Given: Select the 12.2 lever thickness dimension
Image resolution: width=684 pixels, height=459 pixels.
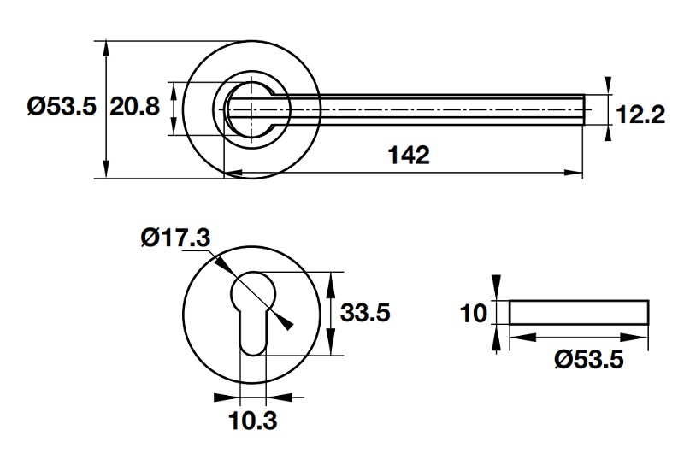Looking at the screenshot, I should tap(640, 114).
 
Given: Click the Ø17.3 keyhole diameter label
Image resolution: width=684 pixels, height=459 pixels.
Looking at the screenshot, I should tap(174, 238).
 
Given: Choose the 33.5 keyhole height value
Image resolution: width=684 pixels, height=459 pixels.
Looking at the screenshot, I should tap(365, 314).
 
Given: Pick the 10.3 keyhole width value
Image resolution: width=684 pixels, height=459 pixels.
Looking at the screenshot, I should tap(253, 421).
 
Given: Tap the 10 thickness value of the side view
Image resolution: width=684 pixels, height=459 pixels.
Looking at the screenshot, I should tap(473, 314).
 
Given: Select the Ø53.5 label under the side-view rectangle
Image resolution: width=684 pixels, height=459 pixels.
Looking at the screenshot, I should tap(589, 360).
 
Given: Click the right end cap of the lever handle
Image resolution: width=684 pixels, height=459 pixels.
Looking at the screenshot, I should tap(583, 109).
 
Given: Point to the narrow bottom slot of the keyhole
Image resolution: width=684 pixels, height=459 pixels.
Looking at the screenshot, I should tap(254, 338).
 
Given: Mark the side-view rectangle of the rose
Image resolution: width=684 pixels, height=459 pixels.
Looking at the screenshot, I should tap(578, 312).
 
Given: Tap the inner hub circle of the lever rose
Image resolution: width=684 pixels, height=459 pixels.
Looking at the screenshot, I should tap(254, 109).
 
